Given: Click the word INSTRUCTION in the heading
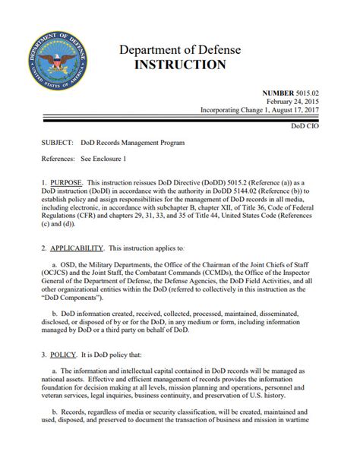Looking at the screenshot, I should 179,65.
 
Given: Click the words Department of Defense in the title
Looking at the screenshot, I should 179,50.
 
